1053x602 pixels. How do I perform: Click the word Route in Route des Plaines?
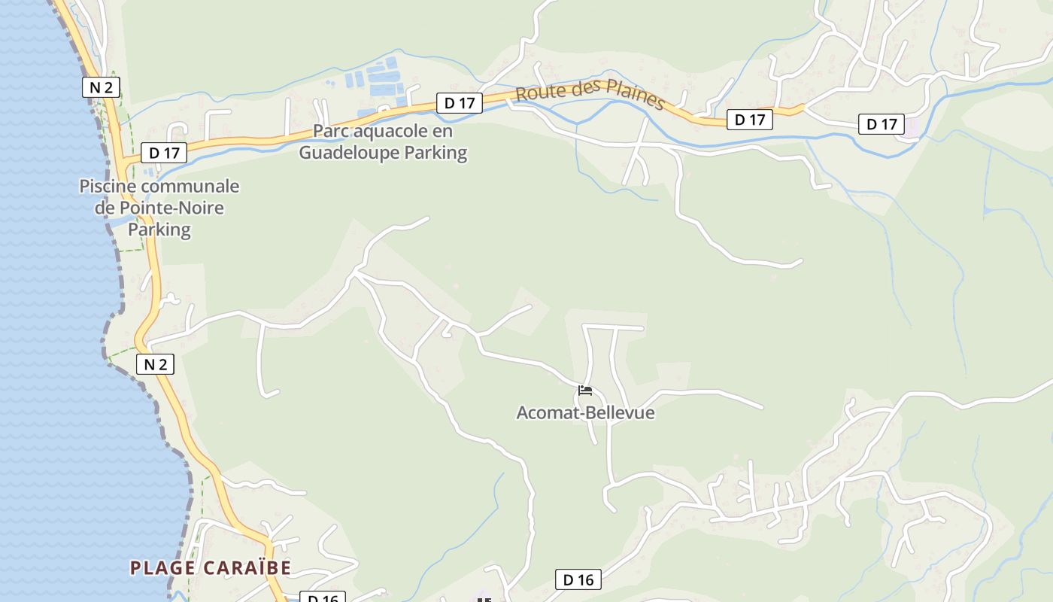[x=539, y=93]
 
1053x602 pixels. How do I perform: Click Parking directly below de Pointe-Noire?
[x=159, y=229]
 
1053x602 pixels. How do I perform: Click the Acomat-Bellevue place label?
[x=585, y=412]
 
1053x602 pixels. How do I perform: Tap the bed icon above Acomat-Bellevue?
[x=585, y=391]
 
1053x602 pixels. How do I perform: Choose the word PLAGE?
[x=164, y=567]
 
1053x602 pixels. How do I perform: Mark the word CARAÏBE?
[x=247, y=567]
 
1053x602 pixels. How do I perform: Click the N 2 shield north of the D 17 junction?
[x=101, y=87]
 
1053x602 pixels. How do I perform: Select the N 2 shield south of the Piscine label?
[x=155, y=365]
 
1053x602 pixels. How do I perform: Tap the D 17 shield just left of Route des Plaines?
[x=459, y=103]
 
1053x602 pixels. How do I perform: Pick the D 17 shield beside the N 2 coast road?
[x=164, y=153]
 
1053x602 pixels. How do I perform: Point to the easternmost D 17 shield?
[x=882, y=124]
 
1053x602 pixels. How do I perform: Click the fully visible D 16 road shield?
[x=578, y=579]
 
